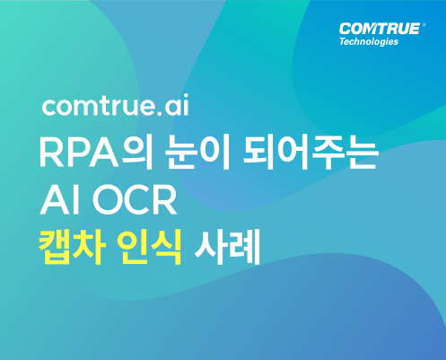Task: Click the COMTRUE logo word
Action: click(x=380, y=29)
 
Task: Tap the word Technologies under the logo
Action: click(x=369, y=41)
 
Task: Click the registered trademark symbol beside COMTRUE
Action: click(x=424, y=25)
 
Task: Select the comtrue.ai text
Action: click(x=116, y=105)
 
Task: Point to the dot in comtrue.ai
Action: click(x=160, y=113)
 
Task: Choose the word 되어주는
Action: click(x=310, y=153)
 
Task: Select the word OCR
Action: click(x=135, y=200)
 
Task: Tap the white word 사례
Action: click(x=227, y=247)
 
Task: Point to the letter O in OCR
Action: click(x=107, y=200)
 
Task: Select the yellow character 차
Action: click(x=90, y=247)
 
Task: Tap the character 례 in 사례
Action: click(x=244, y=247)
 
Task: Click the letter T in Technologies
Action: click(x=343, y=40)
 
